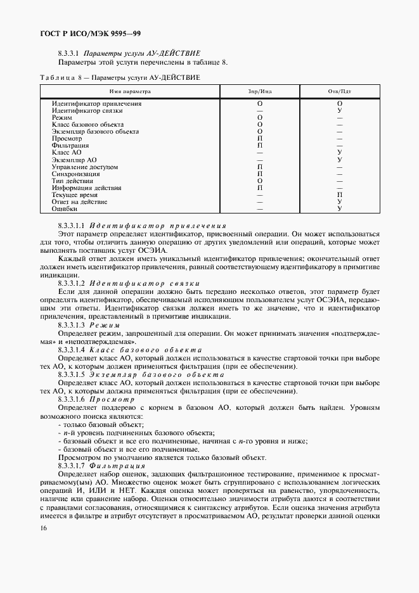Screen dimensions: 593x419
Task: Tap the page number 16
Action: (x=42, y=528)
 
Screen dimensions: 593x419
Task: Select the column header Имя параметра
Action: (x=129, y=91)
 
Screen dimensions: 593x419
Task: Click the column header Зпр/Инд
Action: (x=260, y=91)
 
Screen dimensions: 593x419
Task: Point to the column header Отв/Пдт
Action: (x=339, y=91)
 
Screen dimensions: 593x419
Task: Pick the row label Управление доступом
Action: (x=84, y=167)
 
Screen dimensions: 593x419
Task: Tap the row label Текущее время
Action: (x=75, y=195)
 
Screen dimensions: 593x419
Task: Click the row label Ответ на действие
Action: (x=79, y=202)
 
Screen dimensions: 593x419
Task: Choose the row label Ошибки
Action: (x=65, y=208)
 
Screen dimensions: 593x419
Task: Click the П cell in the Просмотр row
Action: (x=260, y=139)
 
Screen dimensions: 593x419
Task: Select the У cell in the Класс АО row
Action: (x=340, y=153)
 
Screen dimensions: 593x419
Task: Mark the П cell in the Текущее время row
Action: (x=340, y=195)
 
